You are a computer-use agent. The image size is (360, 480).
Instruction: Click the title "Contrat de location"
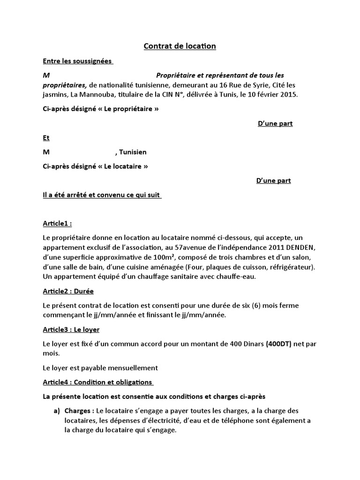pos(180,46)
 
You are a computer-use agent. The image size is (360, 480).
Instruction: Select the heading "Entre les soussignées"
pos(77,61)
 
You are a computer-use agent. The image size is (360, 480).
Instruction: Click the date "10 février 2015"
pos(271,94)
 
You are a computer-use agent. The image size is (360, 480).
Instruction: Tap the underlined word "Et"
pos(46,138)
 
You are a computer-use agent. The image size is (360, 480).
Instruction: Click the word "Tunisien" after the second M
pos(133,152)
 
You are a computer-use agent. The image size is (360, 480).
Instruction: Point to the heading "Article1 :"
pos(58,224)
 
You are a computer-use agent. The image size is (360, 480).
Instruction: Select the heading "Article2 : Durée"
pos(68,291)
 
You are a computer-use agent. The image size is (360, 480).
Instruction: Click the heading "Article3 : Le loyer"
pos(71,330)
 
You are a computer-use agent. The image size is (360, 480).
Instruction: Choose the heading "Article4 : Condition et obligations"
pos(97,382)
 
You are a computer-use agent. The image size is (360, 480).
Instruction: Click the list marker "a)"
pos(57,411)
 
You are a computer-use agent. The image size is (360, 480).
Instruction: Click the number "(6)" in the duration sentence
pos(242,305)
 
